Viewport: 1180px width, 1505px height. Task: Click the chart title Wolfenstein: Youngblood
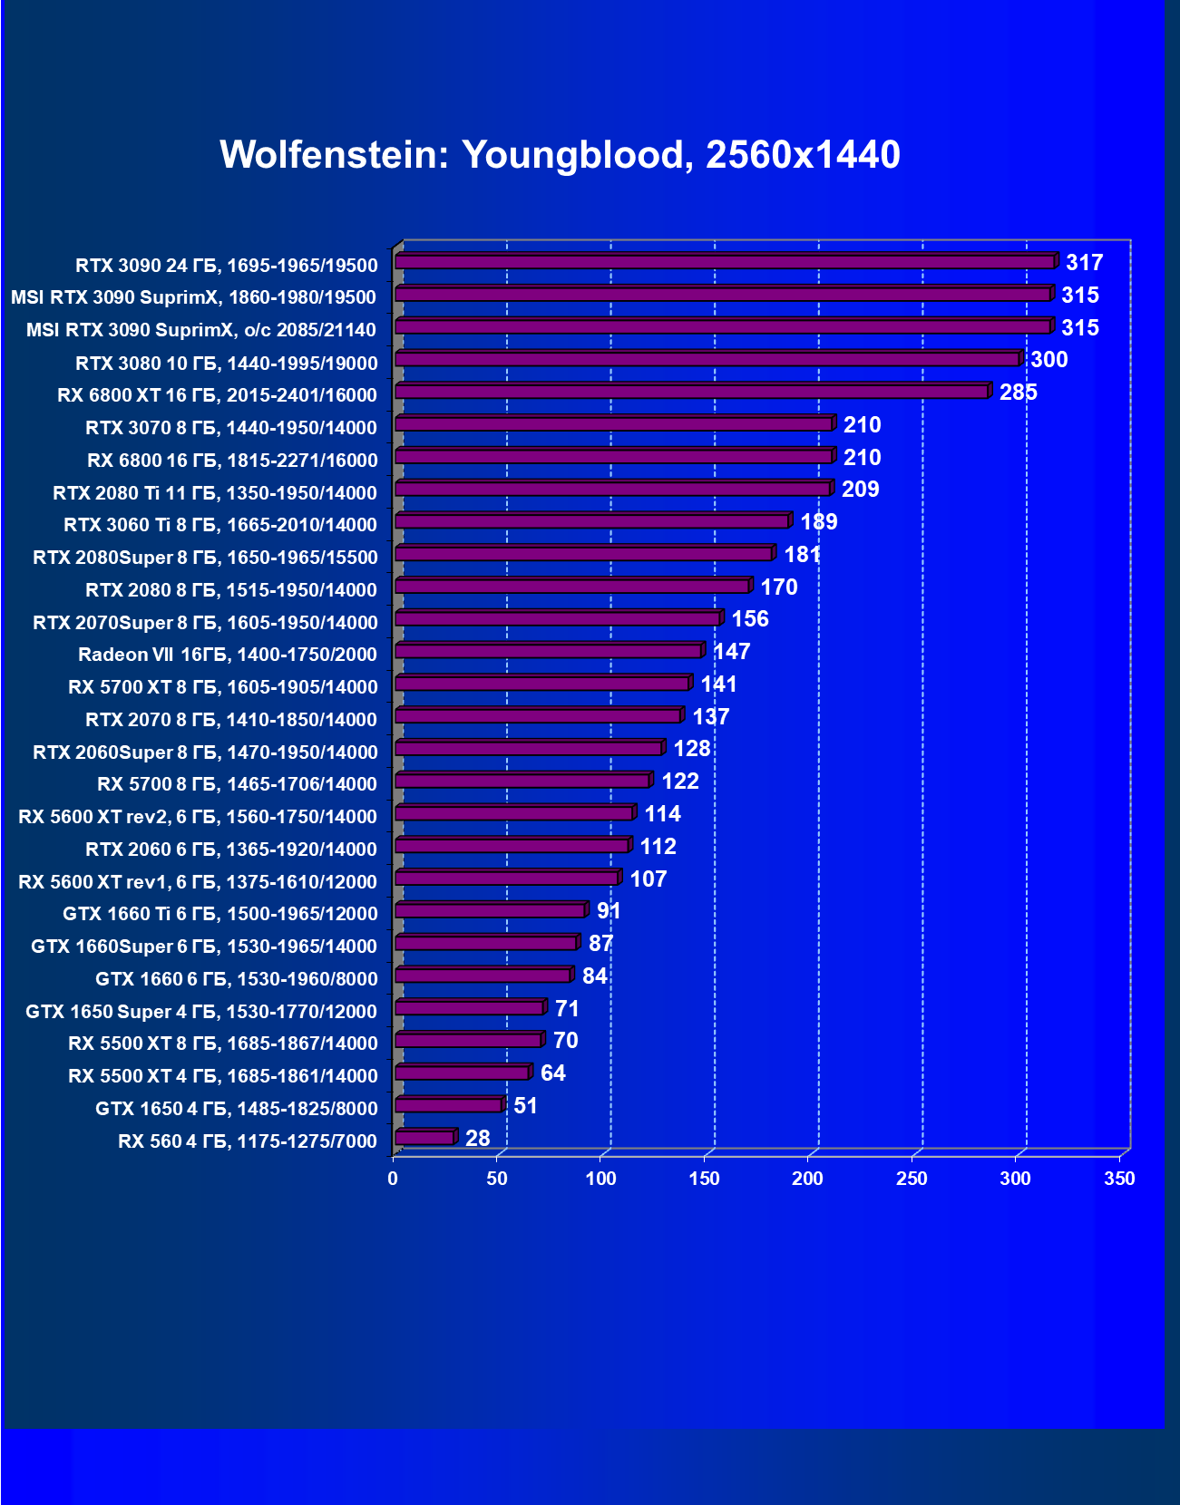[x=560, y=155]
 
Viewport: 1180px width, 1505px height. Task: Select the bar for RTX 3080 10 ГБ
[x=707, y=360]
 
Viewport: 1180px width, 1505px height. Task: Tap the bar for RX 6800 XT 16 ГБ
[x=692, y=392]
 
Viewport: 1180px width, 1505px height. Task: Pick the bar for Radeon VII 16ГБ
[x=549, y=652]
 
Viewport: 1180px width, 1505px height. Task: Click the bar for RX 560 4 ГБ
[x=424, y=1138]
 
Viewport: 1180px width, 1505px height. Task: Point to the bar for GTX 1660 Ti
[x=491, y=911]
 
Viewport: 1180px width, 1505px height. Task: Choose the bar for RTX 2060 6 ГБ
[x=512, y=846]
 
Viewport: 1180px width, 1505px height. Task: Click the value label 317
[x=1084, y=263]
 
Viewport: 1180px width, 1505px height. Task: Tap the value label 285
[x=1018, y=393]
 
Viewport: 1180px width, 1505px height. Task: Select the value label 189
[x=818, y=522]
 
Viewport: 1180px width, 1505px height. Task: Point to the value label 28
[x=477, y=1139]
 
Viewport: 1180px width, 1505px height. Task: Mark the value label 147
[x=731, y=652]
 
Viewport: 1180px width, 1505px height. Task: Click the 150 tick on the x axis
[x=704, y=1179]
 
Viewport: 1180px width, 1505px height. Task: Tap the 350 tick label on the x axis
[x=1119, y=1179]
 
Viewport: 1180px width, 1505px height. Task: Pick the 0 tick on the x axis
[x=393, y=1179]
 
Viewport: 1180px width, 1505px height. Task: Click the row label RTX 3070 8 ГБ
[x=231, y=427]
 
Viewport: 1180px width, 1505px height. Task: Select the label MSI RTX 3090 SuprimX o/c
[x=200, y=330]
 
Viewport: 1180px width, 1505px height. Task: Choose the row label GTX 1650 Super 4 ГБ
[x=201, y=1011]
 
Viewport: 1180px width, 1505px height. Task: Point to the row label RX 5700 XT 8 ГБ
[x=222, y=687]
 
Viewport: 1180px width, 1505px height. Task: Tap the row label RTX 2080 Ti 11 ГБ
[x=215, y=493]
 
